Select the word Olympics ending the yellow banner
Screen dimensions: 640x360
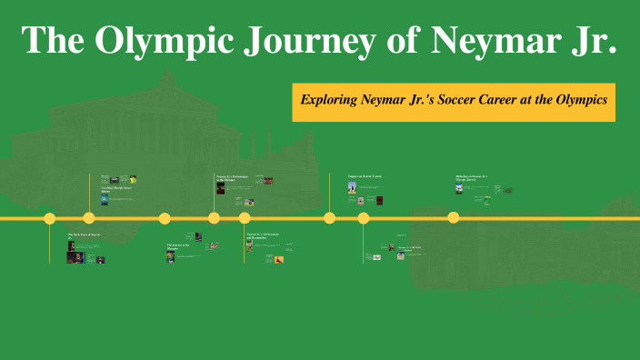coord(582,101)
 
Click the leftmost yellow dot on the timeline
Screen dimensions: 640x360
coord(50,218)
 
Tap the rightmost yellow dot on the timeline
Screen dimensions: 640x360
coord(454,217)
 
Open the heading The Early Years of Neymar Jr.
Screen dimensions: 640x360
coord(83,236)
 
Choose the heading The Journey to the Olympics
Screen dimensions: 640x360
coord(178,246)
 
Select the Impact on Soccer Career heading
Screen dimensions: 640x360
coord(365,175)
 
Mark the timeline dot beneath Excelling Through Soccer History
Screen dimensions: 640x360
coord(89,218)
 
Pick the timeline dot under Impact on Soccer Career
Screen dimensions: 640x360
coord(330,218)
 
